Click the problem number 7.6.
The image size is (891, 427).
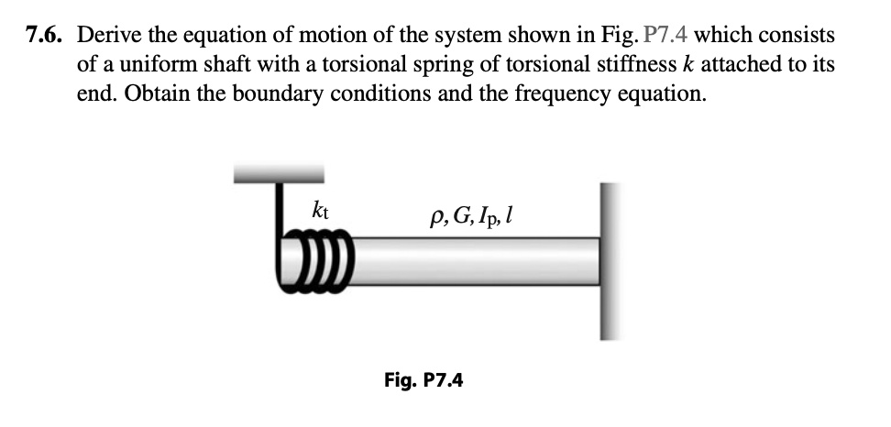[46, 37]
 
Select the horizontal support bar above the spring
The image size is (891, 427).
[279, 172]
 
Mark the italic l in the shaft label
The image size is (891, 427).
[510, 218]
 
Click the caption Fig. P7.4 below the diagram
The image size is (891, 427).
[423, 378]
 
